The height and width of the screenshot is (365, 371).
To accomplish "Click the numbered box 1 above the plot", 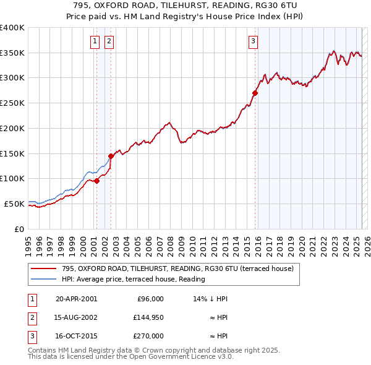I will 95,41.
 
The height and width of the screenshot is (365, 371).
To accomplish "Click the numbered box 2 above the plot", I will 108,41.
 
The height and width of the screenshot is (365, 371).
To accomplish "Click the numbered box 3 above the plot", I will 254,41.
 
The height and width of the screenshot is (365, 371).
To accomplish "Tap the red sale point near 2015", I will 255,93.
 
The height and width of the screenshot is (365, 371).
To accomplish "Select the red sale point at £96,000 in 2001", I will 97,181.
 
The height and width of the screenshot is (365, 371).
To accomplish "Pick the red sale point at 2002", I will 111,156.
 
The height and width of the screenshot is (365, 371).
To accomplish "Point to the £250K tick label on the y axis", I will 12,103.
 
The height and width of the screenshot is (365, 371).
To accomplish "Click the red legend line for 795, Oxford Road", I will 43,268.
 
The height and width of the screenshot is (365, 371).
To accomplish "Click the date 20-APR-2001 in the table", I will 76,299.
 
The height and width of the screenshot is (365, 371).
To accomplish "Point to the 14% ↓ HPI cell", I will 211,299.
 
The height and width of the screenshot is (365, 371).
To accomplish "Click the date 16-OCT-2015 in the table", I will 76,336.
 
